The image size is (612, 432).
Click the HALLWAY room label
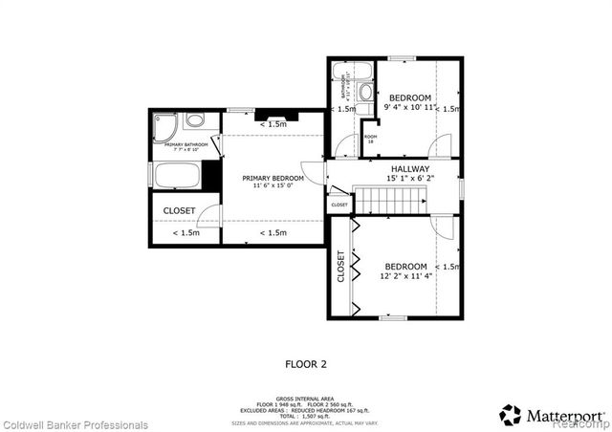404,168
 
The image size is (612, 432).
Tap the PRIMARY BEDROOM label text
273,178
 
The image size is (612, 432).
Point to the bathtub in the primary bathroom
177,176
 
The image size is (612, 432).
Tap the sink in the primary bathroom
195,120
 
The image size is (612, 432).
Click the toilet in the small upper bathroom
365,93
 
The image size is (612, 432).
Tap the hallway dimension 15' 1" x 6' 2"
409,178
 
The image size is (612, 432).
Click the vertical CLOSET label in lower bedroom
340,268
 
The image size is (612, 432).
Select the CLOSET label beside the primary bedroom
180,210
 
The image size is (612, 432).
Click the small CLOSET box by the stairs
339,205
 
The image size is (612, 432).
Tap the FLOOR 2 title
306,363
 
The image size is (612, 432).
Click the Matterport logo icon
511,415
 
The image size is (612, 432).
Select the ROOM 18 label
370,139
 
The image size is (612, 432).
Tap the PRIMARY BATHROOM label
182,146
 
